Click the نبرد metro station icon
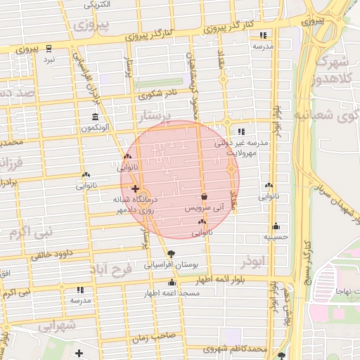tap(49, 49)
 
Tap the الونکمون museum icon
tap(94, 117)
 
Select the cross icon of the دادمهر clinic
tap(135, 189)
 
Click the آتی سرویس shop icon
tap(204, 197)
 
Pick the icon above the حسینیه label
tap(276, 226)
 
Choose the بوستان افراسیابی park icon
tap(172, 253)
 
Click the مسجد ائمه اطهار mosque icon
tap(172, 283)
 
